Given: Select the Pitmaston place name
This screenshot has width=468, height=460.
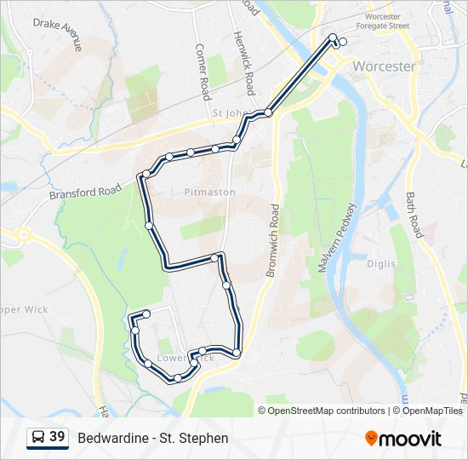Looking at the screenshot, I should (209, 193).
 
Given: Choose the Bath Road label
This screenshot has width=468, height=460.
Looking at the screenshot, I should (414, 215).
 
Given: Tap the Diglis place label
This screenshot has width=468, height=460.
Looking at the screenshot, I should (380, 264).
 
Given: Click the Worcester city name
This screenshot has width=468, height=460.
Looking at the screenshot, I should (384, 66).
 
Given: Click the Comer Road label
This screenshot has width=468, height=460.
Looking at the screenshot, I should (203, 72).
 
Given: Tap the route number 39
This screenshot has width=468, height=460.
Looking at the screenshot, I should (57, 437).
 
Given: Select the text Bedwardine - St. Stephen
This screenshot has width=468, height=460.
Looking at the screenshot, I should (153, 438).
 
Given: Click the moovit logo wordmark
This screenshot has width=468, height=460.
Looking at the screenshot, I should (410, 438).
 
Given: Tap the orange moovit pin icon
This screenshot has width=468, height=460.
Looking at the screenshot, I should (371, 438).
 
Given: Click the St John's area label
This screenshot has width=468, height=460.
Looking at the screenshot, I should (227, 112).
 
